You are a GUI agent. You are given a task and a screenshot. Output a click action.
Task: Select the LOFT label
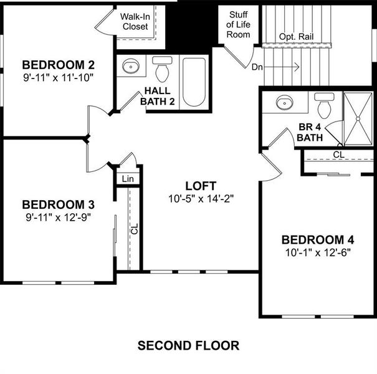(201, 186)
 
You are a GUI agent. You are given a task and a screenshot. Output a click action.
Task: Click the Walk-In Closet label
(135, 22)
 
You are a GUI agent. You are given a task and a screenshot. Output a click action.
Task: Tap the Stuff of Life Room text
(238, 24)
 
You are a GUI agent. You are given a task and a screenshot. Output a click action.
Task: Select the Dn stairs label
(257, 65)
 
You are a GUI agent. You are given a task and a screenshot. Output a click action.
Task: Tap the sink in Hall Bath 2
(131, 67)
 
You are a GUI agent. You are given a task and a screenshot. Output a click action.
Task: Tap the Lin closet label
(128, 179)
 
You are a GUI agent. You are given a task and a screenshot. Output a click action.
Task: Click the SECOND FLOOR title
(188, 345)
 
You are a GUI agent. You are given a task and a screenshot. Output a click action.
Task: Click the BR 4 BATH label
(310, 132)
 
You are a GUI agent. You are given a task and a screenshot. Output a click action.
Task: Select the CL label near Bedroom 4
(338, 154)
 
